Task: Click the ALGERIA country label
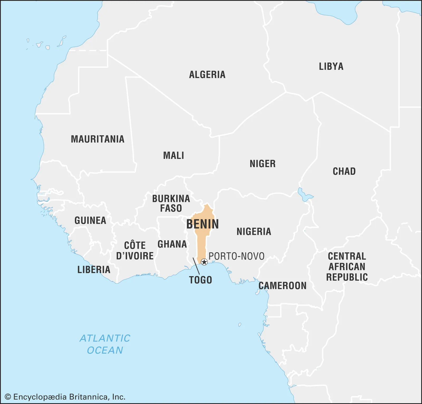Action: pyautogui.click(x=207, y=75)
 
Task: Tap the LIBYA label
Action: pyautogui.click(x=331, y=66)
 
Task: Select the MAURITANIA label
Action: pyautogui.click(x=98, y=139)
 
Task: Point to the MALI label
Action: pyautogui.click(x=174, y=155)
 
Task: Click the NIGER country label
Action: pyautogui.click(x=262, y=164)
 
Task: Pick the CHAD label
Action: pyautogui.click(x=344, y=171)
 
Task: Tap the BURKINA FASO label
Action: pyautogui.click(x=171, y=203)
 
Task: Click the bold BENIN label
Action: pyautogui.click(x=203, y=224)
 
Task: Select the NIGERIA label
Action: pyautogui.click(x=254, y=232)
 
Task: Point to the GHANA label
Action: pyautogui.click(x=172, y=244)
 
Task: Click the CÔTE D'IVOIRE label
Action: pyautogui.click(x=135, y=251)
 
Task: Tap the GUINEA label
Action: pyautogui.click(x=90, y=220)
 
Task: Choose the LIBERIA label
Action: pyautogui.click(x=94, y=270)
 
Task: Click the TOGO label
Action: pyautogui.click(x=200, y=280)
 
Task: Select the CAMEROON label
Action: pyautogui.click(x=282, y=286)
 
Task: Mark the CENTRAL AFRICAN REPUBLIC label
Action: pyautogui.click(x=347, y=267)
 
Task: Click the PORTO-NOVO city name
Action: pyautogui.click(x=237, y=256)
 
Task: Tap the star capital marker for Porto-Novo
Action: pyautogui.click(x=204, y=262)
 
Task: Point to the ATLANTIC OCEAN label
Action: pyautogui.click(x=105, y=344)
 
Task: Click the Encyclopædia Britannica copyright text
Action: pyautogui.click(x=65, y=397)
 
